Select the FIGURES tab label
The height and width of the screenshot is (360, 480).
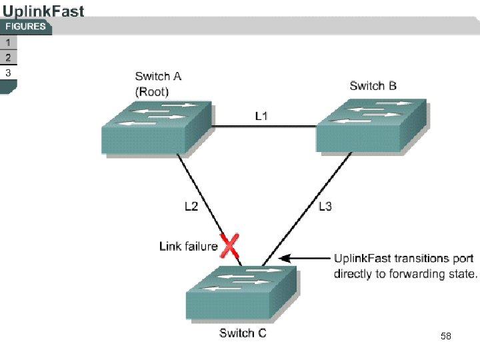click(x=26, y=27)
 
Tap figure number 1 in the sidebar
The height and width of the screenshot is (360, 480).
click(x=8, y=43)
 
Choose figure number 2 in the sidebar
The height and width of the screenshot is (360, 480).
click(x=8, y=57)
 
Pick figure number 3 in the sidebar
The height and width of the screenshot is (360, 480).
click(x=8, y=73)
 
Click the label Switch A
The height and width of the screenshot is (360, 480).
click(x=158, y=77)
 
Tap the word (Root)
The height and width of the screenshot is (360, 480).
click(x=152, y=91)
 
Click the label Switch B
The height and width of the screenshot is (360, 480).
click(x=373, y=85)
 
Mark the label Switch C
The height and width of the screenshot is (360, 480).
click(x=243, y=333)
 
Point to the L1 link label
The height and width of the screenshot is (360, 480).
click(x=262, y=116)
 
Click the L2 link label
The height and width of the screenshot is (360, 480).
click(x=191, y=206)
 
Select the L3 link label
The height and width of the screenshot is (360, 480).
click(x=325, y=206)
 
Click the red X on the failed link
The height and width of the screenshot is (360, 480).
click(x=231, y=246)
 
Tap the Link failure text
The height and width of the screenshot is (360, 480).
click(x=189, y=246)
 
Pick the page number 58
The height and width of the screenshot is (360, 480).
click(x=445, y=337)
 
